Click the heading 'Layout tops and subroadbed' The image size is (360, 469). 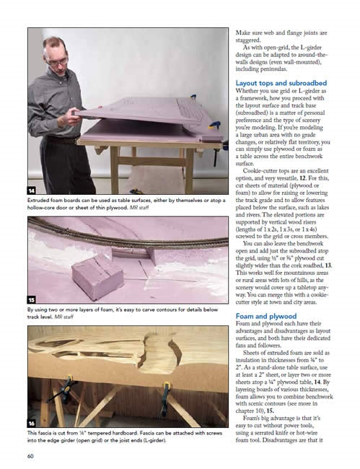coord(281,83)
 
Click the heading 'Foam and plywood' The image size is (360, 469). coord(266,316)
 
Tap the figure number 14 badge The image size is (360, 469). coord(32,190)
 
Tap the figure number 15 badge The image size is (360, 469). coord(32,299)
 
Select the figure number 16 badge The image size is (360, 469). coord(32,424)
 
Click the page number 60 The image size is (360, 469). coord(30,456)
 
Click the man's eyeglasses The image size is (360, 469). coord(58,62)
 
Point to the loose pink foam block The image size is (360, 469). coord(97,276)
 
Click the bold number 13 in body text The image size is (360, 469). coord(328,266)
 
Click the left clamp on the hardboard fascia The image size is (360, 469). coord(64,389)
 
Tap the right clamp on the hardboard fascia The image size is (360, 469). coord(164,398)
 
